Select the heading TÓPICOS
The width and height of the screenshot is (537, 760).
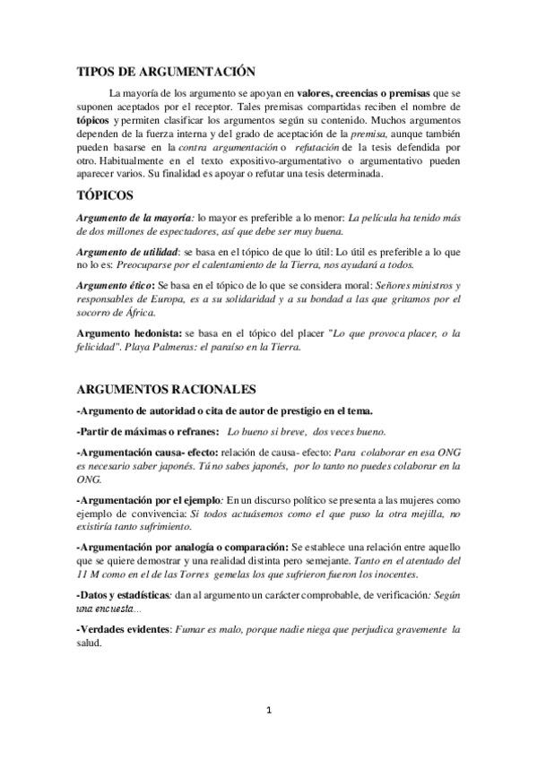point(106,194)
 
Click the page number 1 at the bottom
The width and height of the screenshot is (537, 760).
point(269,712)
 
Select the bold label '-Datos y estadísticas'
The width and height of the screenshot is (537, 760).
point(124,595)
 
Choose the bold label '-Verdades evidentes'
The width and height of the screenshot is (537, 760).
point(124,630)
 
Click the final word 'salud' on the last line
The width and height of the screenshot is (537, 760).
point(91,643)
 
